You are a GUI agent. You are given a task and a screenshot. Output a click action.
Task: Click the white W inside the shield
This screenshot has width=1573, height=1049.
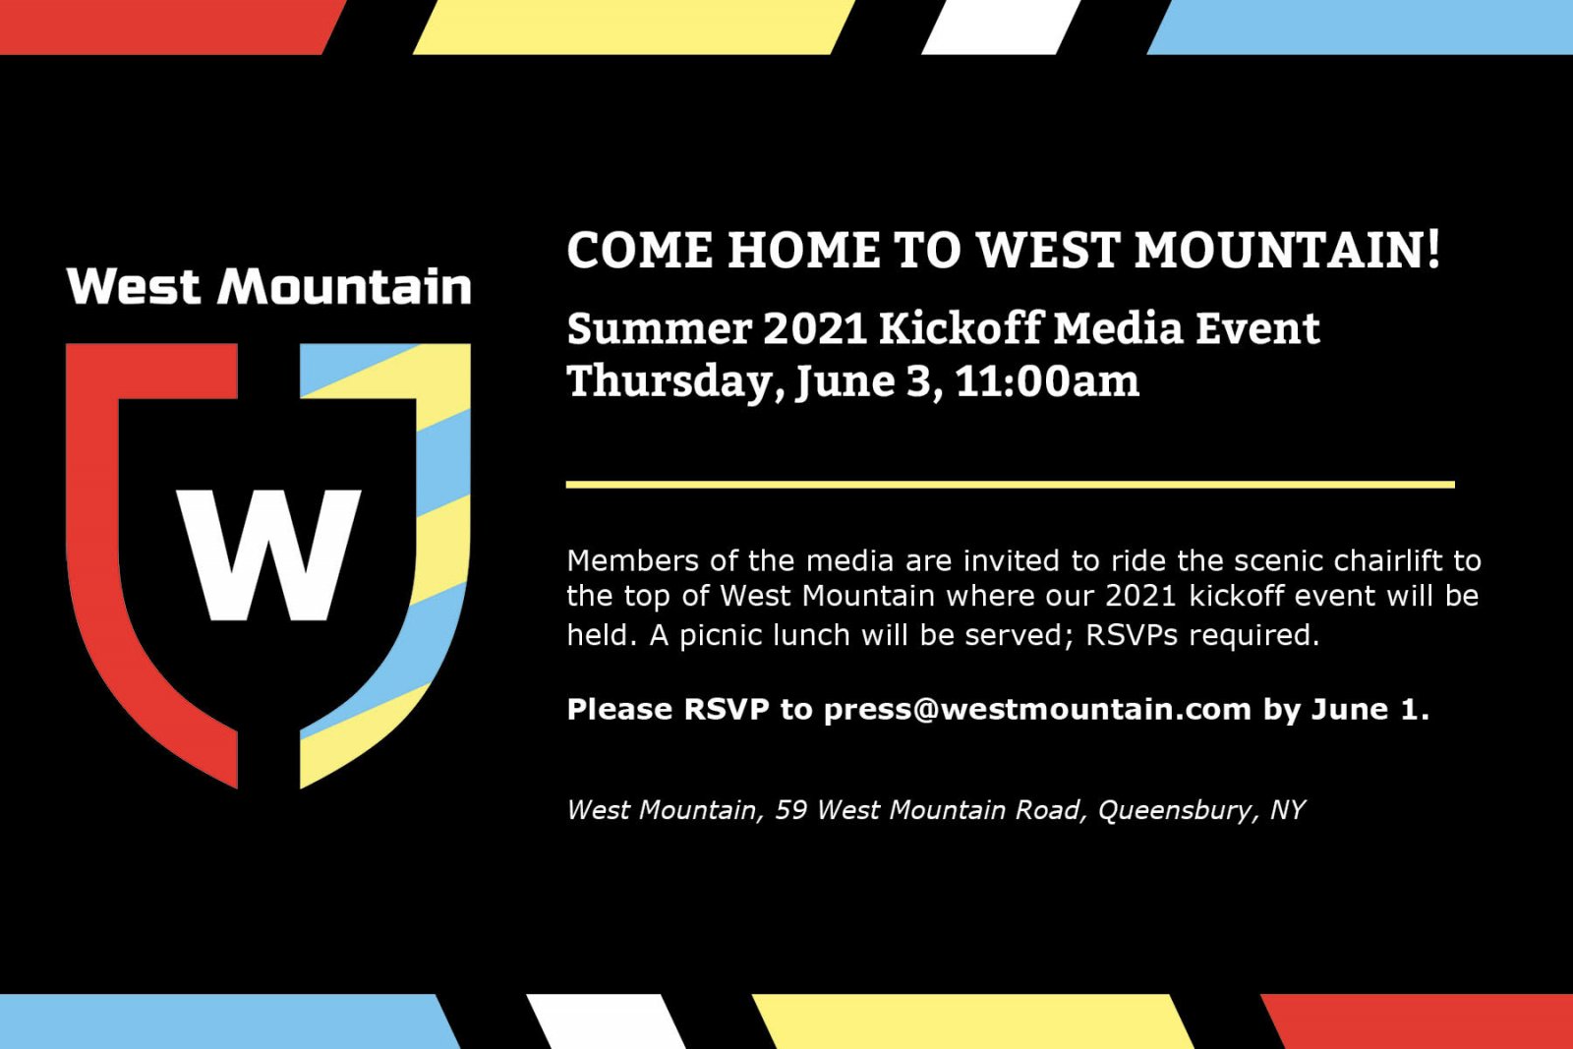point(268,554)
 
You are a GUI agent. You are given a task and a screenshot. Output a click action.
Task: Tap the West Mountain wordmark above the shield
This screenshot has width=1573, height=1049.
point(269,287)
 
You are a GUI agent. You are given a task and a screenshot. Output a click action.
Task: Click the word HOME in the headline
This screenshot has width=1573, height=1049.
point(803,250)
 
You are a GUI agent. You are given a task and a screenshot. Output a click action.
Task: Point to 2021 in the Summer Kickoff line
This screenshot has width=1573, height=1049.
point(814,328)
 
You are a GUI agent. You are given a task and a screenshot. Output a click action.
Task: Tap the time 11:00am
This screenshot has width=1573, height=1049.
point(1047,381)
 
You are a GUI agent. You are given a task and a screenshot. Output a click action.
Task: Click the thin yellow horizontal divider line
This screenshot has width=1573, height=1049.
point(1010,485)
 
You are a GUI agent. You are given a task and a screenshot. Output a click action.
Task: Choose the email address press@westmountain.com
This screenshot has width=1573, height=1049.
point(1037,709)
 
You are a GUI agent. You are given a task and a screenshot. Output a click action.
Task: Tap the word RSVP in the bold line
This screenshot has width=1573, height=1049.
point(726,709)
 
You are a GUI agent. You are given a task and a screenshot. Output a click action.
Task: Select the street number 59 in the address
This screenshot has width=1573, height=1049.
point(790,810)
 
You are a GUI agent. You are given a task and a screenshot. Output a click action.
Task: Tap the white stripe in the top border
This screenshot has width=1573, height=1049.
point(1001,27)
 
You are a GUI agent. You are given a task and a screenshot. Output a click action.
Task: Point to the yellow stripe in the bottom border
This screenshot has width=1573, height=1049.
point(973,1021)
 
